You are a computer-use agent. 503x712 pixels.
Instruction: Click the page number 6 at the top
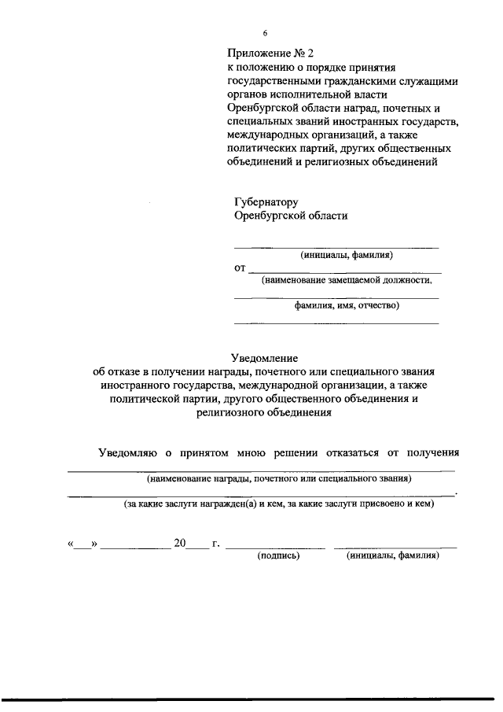265,33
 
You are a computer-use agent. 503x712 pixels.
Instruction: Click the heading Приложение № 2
270,53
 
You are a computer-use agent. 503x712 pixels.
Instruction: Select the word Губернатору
266,202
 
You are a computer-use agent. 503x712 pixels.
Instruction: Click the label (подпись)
279,555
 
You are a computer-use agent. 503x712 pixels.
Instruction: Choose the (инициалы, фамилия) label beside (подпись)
392,555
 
